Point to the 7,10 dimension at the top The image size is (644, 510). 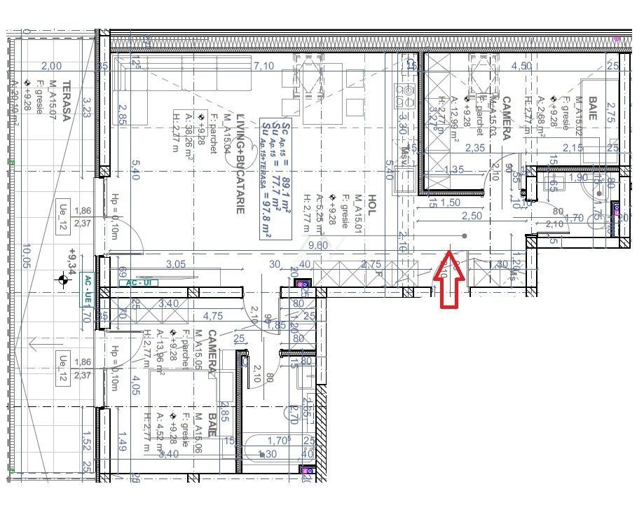[263, 67]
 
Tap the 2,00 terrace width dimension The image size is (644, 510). [51, 67]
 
